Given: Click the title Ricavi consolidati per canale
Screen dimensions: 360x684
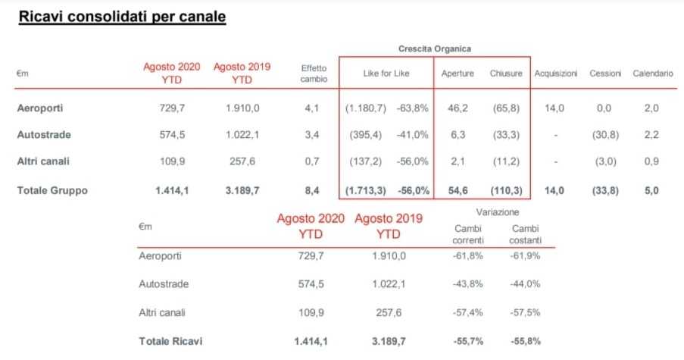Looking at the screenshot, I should tap(122, 16).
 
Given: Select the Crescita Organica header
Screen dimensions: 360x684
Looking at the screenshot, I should tap(434, 49).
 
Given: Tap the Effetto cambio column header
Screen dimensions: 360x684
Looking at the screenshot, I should tap(314, 74).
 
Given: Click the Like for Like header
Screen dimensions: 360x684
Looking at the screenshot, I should tap(386, 74).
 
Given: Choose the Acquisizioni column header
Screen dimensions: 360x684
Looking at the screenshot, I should tap(556, 74).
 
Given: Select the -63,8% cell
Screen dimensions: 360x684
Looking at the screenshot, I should tap(412, 108).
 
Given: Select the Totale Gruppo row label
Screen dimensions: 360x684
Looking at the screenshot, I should tap(52, 191).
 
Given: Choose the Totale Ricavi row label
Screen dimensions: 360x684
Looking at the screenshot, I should tap(170, 342).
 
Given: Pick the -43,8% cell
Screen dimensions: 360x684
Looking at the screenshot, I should tap(467, 284).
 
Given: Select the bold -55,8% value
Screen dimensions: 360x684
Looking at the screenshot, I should tap(525, 342).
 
